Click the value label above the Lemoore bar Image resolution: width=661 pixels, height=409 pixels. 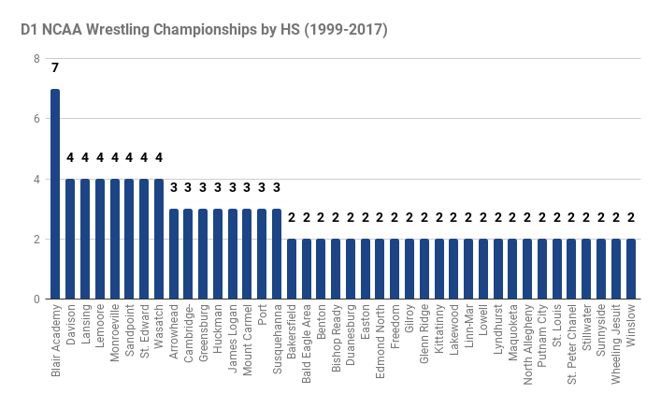pyautogui.click(x=100, y=157)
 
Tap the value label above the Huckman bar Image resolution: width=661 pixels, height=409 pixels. pyautogui.click(x=218, y=187)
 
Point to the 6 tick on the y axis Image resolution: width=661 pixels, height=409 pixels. pyautogui.click(x=36, y=119)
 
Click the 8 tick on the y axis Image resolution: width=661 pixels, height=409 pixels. pyautogui.click(x=36, y=59)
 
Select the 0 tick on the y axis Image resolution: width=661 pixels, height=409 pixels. pyautogui.click(x=36, y=299)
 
